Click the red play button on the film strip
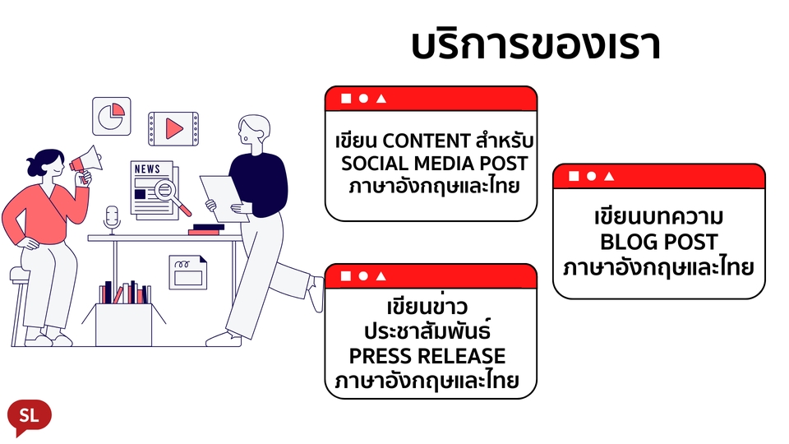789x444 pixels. pos(173,128)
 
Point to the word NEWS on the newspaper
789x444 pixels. pos(147,169)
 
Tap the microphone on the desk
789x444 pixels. pos(112,217)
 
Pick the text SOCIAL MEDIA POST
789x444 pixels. pos(435,162)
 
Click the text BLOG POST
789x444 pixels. pos(658,243)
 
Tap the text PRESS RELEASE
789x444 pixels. pos(427,356)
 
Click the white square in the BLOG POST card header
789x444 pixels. pos(573,176)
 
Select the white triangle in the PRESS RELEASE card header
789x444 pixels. pos(381,276)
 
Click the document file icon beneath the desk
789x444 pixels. pos(188,272)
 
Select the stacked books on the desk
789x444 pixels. pos(206,229)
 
